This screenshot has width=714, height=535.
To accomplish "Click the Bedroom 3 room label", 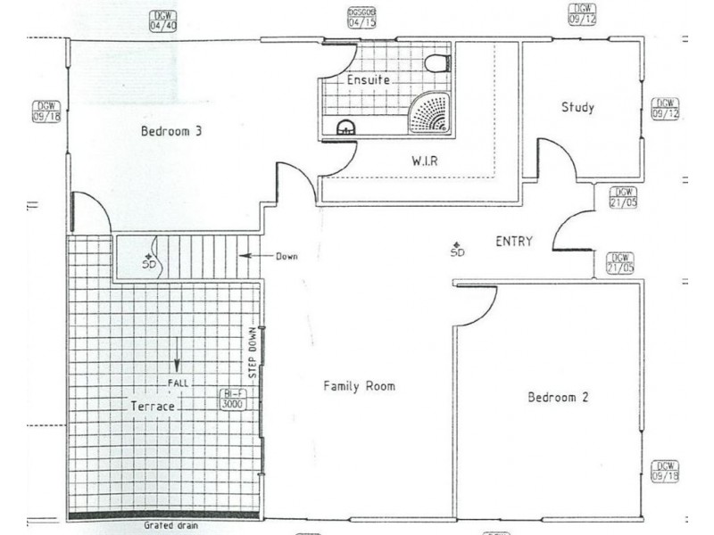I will tap(171, 131).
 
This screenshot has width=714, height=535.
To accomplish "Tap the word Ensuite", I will tap(368, 79).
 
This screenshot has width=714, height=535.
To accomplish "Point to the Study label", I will tap(577, 108).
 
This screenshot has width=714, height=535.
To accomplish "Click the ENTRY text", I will tap(514, 241).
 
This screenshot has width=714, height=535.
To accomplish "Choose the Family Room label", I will tap(359, 386).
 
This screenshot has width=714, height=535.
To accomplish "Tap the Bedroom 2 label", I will tap(557, 398).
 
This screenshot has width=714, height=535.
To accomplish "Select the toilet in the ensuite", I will tap(436, 62).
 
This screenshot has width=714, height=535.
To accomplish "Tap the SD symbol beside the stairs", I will tap(148, 261).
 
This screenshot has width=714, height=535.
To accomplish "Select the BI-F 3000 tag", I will tap(231, 399).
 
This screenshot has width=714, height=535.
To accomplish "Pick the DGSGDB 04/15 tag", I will tap(361, 18).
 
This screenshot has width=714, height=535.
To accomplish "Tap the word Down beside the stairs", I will tap(286, 257).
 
